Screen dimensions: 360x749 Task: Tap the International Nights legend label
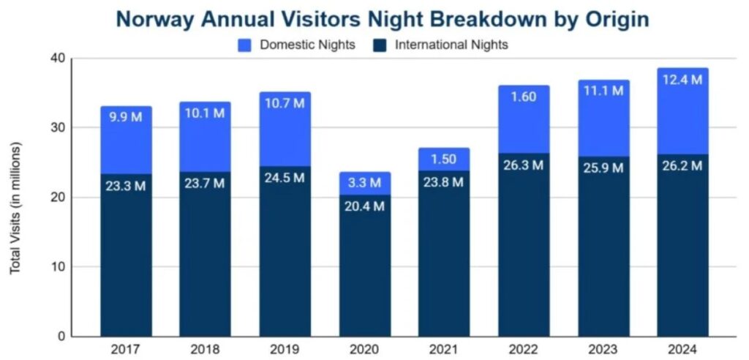pos(451,45)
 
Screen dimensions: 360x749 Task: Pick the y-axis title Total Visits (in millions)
pos(15,209)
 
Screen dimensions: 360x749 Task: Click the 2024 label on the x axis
pos(682,350)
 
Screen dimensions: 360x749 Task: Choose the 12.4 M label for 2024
pos(682,79)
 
